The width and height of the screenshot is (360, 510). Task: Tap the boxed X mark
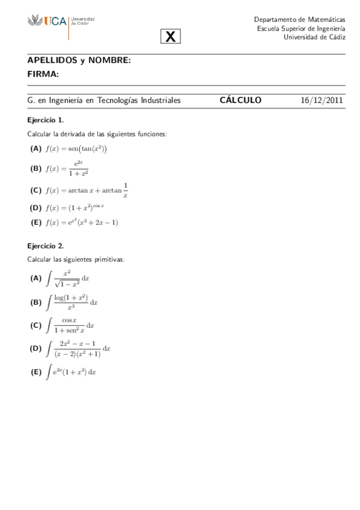pyautogui.click(x=171, y=37)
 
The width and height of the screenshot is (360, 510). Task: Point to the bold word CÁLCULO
pyautogui.click(x=240, y=100)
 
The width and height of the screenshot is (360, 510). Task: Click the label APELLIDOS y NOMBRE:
pyautogui.click(x=79, y=61)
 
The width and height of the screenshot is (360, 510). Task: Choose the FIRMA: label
pyautogui.click(x=43, y=74)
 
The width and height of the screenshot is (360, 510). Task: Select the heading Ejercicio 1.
pyautogui.click(x=46, y=120)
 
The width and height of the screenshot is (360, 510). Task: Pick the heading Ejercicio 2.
pyautogui.click(x=46, y=245)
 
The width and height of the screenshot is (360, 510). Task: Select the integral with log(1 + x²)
pyautogui.click(x=72, y=302)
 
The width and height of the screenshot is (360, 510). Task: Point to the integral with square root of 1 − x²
pyautogui.click(x=67, y=278)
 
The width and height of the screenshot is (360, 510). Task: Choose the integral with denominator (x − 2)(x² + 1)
pyautogui.click(x=78, y=348)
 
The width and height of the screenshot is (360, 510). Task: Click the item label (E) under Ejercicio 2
pyautogui.click(x=36, y=372)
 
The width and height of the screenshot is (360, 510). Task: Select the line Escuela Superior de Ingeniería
pyautogui.click(x=301, y=28)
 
